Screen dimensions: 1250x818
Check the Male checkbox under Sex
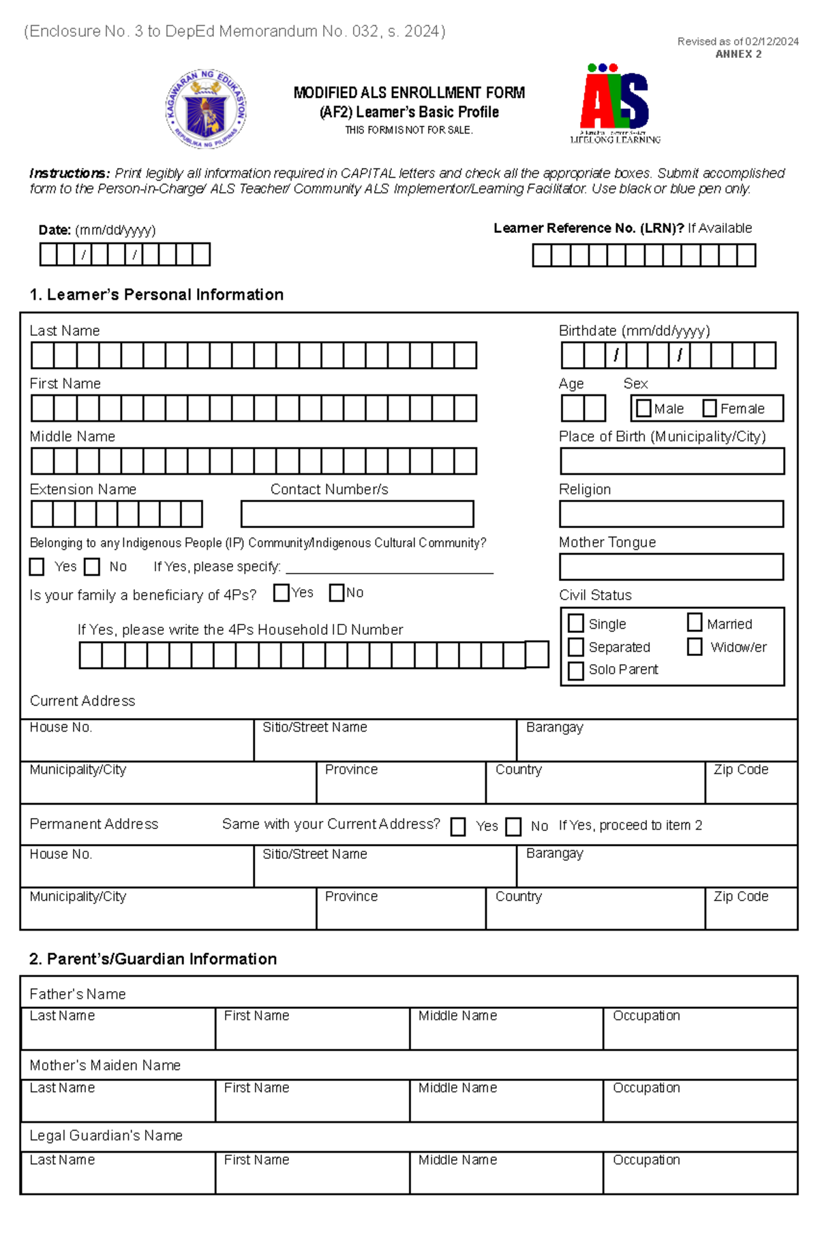point(643,408)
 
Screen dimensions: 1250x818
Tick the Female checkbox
point(709,408)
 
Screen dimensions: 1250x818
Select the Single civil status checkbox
point(575,623)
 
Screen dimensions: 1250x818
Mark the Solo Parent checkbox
point(575,670)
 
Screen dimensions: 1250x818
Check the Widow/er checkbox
point(694,646)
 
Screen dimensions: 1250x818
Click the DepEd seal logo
point(206,109)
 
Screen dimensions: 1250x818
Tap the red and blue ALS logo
point(615,102)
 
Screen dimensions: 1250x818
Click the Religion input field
point(671,514)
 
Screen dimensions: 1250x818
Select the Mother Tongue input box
point(671,566)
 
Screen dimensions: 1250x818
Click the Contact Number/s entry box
point(357,514)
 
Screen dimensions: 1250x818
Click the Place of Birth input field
point(671,461)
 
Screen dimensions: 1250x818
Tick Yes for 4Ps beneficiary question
point(281,593)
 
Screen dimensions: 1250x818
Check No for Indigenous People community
point(92,567)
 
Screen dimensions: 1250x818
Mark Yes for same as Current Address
point(458,826)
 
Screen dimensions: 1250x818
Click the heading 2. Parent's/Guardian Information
point(153,958)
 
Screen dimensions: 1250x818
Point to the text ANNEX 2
point(738,54)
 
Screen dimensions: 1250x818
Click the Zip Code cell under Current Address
point(751,783)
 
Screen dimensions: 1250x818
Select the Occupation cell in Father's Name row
point(699,1029)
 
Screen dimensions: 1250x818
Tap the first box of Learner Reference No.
point(541,255)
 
